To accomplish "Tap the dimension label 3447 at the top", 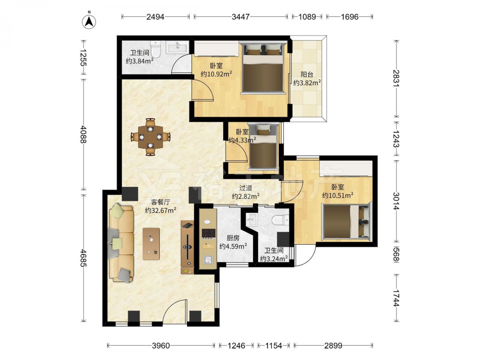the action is [x=240, y=16].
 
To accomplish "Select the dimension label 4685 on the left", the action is [x=84, y=258].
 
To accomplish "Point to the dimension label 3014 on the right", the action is [x=396, y=201].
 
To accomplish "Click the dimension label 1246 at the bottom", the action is [x=236, y=346].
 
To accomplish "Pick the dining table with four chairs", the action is [x=150, y=137].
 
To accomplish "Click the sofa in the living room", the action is [x=121, y=243].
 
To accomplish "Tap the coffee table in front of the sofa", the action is [x=151, y=244].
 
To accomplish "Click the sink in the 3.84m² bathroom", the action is [x=177, y=48].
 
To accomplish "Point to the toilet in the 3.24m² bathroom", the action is [x=280, y=220].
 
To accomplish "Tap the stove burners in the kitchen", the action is [x=209, y=234].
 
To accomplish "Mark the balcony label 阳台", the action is [x=307, y=74].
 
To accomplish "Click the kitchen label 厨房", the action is [x=233, y=238].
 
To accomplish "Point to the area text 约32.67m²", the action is [x=160, y=210].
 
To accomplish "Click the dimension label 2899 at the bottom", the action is [x=333, y=346].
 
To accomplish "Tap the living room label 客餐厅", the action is [x=160, y=202].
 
